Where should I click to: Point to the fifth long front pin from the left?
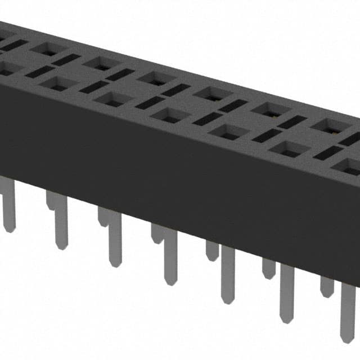tap(228, 276)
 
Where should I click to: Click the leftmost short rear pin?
tap(52, 200)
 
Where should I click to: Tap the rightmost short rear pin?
tap(327, 284)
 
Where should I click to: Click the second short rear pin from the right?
tap(269, 267)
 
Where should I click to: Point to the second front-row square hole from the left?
tap(58, 83)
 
